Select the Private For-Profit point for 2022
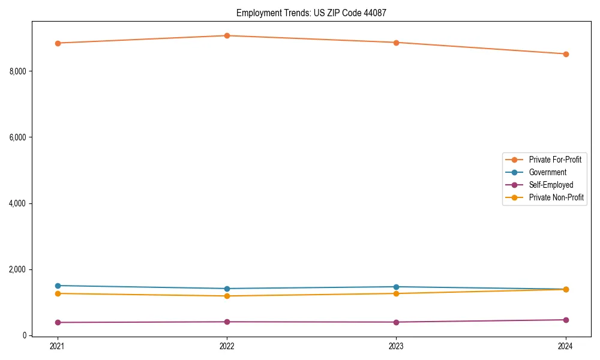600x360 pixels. (x=227, y=35)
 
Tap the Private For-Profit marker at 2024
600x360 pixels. (x=565, y=54)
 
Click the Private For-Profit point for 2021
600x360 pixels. (x=58, y=43)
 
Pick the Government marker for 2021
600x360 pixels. (x=58, y=286)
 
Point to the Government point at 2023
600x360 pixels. (x=396, y=287)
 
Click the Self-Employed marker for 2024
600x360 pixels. (x=565, y=320)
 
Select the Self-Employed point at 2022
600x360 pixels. (x=227, y=322)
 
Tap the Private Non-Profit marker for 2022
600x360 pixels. (x=227, y=296)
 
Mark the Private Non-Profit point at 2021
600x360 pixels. (x=58, y=293)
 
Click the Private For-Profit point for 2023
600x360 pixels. (x=396, y=43)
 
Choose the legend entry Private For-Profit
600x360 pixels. (x=554, y=160)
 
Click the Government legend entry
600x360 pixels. (x=547, y=172)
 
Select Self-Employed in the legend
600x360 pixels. (x=551, y=185)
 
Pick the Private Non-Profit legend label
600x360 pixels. (x=556, y=197)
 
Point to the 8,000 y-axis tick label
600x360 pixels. (x=18, y=71)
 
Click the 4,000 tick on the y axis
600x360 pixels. (x=18, y=203)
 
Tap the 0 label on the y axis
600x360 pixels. (x=25, y=335)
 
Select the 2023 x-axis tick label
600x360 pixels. (x=396, y=346)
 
